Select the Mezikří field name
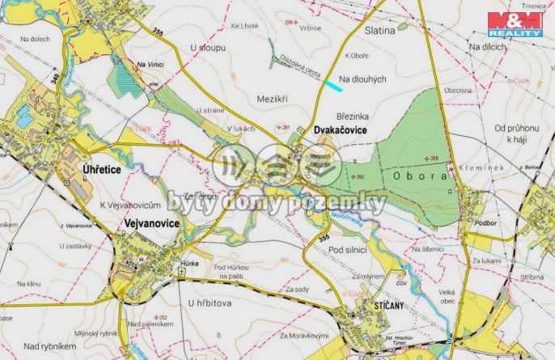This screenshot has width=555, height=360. pos(272,98)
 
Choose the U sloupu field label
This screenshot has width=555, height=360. pos(206,48)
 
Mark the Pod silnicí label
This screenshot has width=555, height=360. pos(349,251)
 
